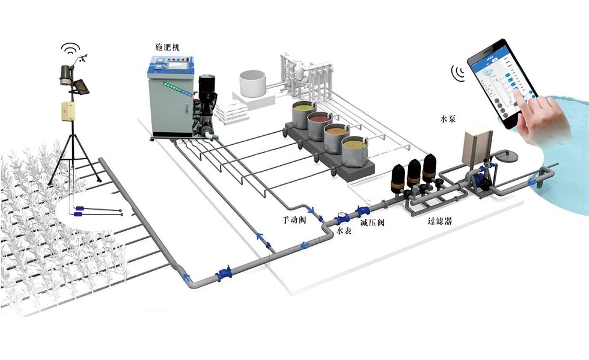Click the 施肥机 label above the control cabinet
click(166, 46)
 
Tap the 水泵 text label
click(448, 119)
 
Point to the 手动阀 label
click(294, 220)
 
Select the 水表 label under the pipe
click(343, 231)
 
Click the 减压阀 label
click(371, 223)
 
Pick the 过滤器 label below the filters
click(439, 221)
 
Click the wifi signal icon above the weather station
click(70, 48)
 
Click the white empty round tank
click(252, 84)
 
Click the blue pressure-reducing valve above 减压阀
click(363, 212)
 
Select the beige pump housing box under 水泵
click(477, 145)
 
